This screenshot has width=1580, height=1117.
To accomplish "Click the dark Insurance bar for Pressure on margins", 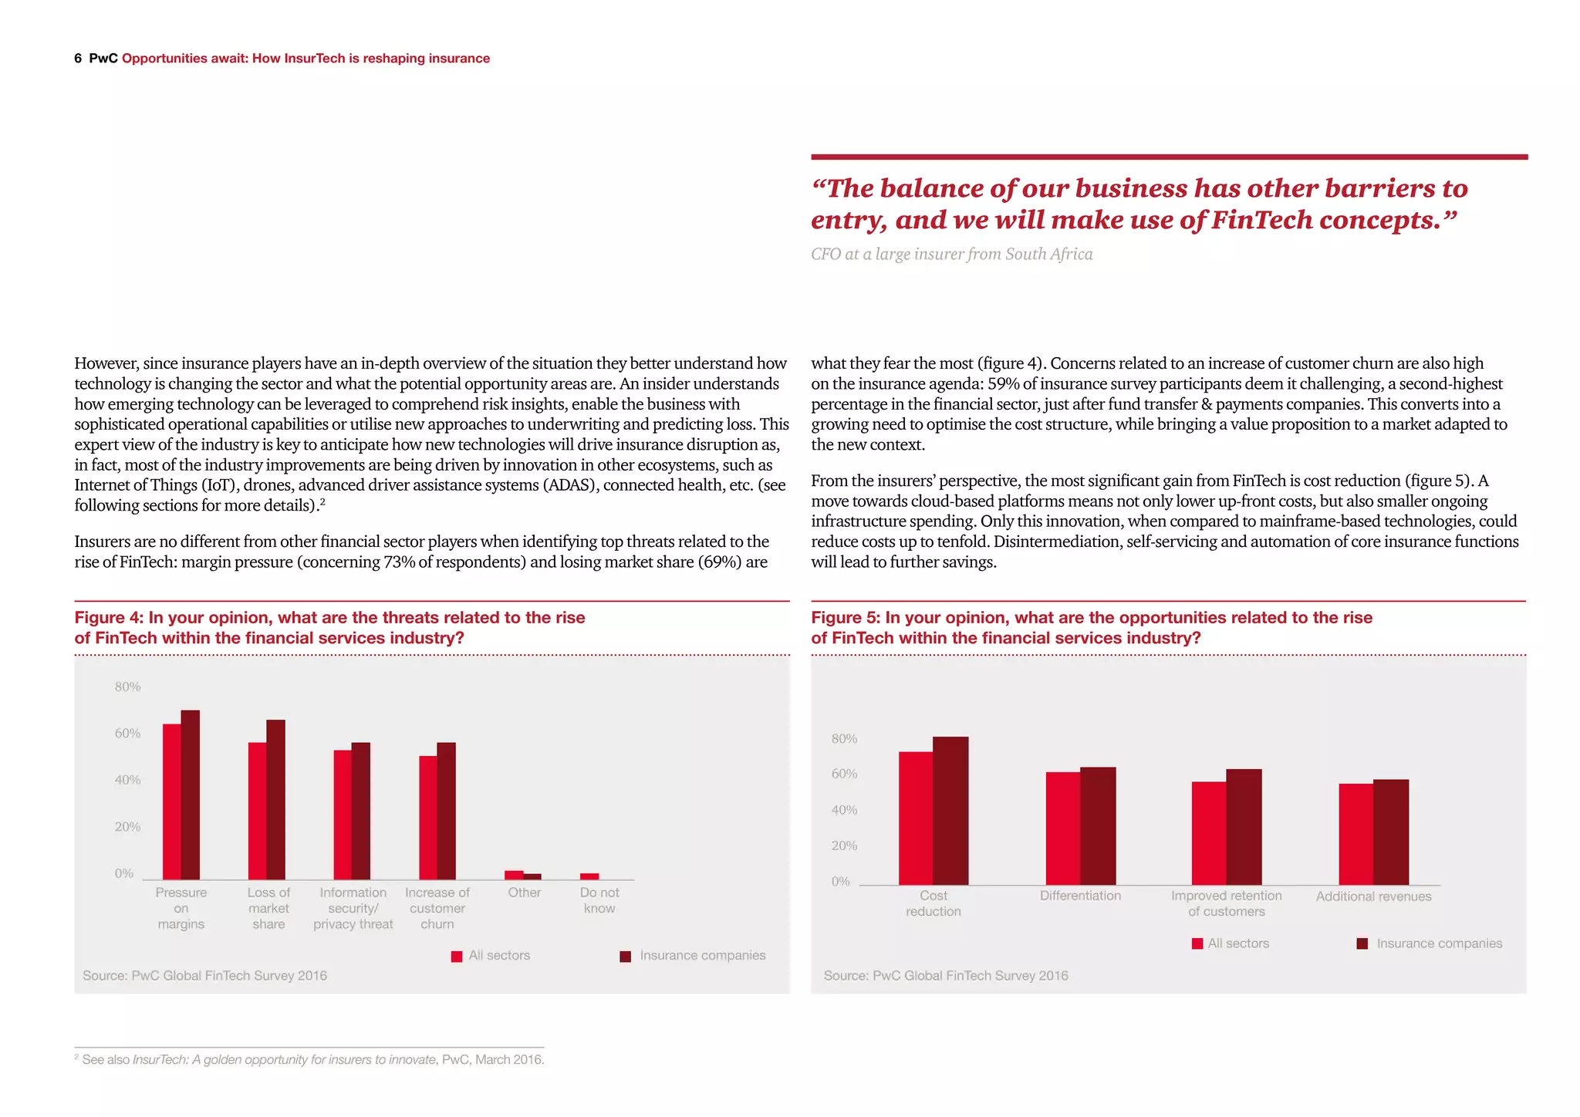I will tap(191, 795).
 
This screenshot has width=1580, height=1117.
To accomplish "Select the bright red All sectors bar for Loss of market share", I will tap(257, 810).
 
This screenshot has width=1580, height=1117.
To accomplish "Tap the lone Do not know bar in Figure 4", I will tap(589, 876).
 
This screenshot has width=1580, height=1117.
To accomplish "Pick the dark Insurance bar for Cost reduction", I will tap(950, 810).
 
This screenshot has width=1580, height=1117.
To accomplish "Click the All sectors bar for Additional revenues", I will tap(1355, 834).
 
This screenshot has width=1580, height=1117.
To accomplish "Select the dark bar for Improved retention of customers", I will tap(1244, 826).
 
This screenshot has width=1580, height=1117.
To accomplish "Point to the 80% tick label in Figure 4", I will tap(127, 687).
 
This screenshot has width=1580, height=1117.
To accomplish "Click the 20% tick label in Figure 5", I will tap(844, 845).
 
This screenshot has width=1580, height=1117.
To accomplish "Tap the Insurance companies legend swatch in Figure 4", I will tap(626, 957).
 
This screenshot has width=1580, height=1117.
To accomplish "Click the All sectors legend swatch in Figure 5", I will tap(1197, 943).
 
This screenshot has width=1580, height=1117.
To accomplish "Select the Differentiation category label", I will tap(1080, 896).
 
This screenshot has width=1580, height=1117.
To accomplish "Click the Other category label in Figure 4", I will tap(525, 893).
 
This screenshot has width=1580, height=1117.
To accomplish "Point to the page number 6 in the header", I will tap(78, 59).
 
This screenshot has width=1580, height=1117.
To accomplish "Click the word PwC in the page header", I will tap(103, 59).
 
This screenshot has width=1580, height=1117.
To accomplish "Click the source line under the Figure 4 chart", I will tap(204, 976).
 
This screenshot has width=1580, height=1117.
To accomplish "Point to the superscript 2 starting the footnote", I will tap(76, 1057).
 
